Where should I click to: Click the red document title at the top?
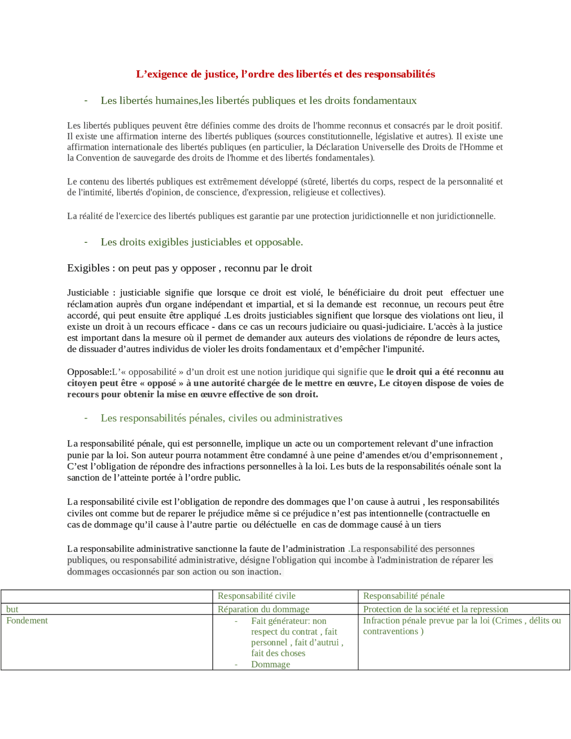(x=285, y=74)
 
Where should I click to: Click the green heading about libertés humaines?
(x=258, y=100)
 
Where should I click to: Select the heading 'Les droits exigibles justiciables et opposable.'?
(x=202, y=242)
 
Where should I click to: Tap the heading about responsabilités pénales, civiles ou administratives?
(x=221, y=418)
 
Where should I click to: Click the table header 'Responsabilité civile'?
(x=257, y=596)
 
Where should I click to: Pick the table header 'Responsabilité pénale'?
(x=404, y=596)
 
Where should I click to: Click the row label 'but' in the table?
(x=12, y=609)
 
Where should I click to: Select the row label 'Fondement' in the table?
(x=27, y=620)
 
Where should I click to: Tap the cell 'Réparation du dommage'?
(x=263, y=609)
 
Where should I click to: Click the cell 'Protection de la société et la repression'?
(x=435, y=609)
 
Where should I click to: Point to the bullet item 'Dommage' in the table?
(x=270, y=664)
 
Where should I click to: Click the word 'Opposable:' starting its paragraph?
(x=89, y=372)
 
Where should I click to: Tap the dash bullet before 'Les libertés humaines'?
(x=86, y=100)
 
